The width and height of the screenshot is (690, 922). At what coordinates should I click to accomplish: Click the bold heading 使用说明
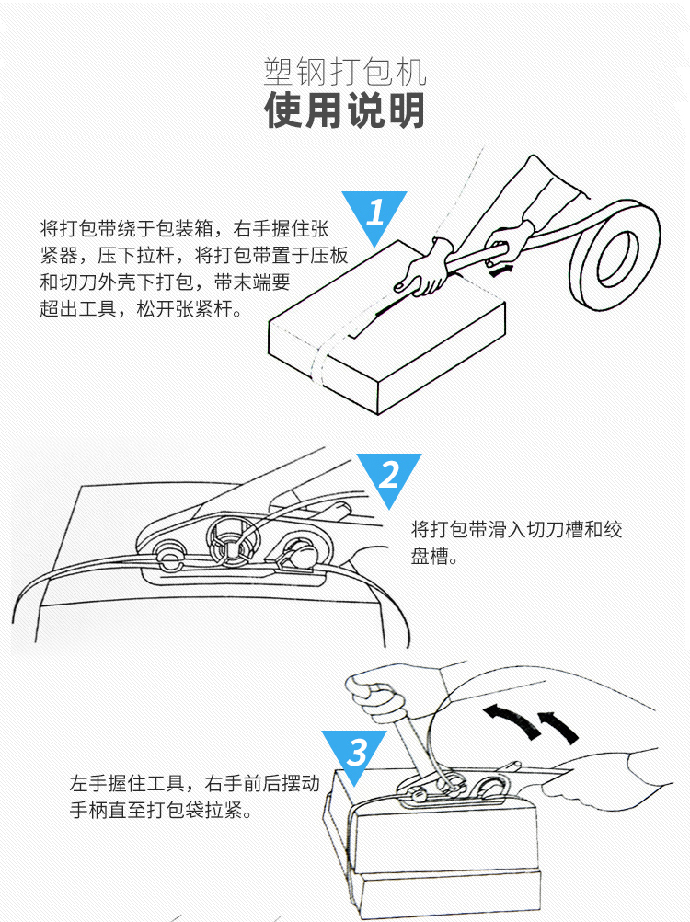pos(345,111)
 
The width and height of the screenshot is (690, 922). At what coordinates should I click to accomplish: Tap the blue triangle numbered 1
pos(374,214)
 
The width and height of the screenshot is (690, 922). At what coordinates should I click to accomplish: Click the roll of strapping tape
pos(615,249)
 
